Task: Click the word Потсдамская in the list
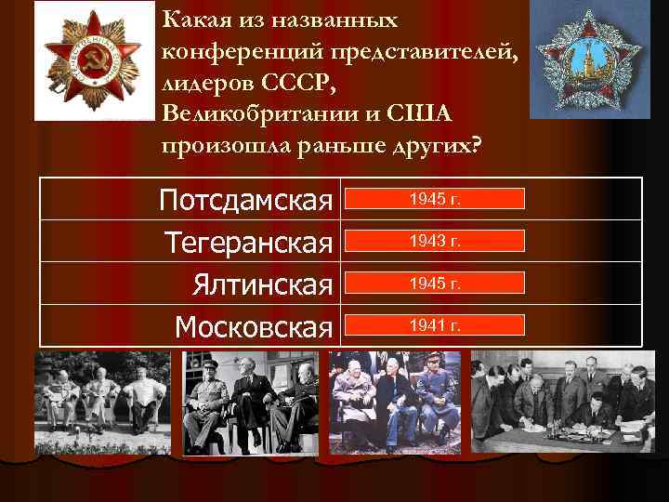pos(246,199)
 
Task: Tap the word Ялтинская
pos(263,284)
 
